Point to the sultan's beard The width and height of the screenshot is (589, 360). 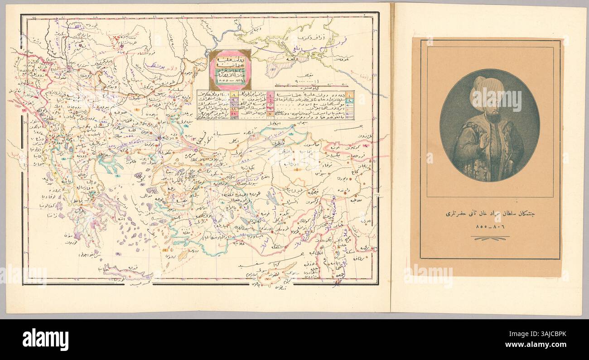[492, 118]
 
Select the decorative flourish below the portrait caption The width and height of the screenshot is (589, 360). [489, 238]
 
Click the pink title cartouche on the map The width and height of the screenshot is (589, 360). [230, 70]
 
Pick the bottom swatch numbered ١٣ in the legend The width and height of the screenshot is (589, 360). [234, 117]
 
